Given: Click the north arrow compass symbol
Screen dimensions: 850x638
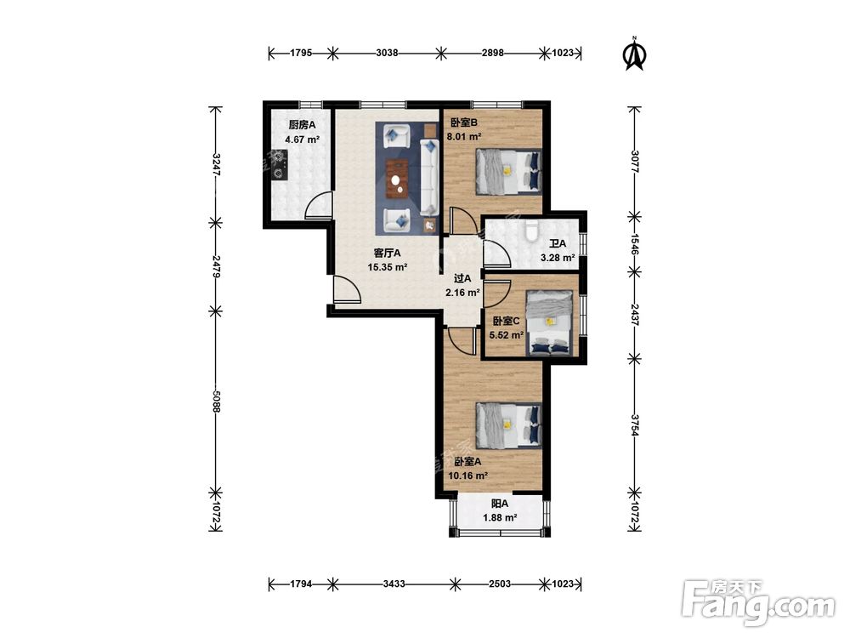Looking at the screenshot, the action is coord(635,54).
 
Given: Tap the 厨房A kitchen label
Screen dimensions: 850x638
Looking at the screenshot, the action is coord(302,125).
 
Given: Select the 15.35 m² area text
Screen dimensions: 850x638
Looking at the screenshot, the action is coord(387,267).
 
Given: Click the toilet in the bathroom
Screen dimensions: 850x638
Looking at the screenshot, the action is coord(531,231).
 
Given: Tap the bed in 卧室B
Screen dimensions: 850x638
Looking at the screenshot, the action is coord(508,171).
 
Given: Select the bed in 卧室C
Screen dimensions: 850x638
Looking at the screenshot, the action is coord(550,322).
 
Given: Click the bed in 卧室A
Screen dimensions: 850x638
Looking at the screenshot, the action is coord(508,425).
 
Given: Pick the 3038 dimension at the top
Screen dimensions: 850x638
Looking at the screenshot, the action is coord(387,53).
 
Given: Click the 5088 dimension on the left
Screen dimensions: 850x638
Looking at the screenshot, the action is coord(216,402).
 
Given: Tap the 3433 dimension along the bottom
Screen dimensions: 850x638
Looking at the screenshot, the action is coord(394,584).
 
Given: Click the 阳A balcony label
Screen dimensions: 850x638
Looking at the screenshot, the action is coord(499,504).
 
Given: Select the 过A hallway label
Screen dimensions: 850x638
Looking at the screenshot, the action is coord(462,278).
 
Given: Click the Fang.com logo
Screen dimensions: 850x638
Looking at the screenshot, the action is coord(758,602).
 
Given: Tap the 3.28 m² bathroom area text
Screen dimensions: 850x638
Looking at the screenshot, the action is coord(558,258).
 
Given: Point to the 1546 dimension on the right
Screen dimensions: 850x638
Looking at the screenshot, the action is coord(635,244).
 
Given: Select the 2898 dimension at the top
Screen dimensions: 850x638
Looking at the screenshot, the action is coord(492,53).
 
